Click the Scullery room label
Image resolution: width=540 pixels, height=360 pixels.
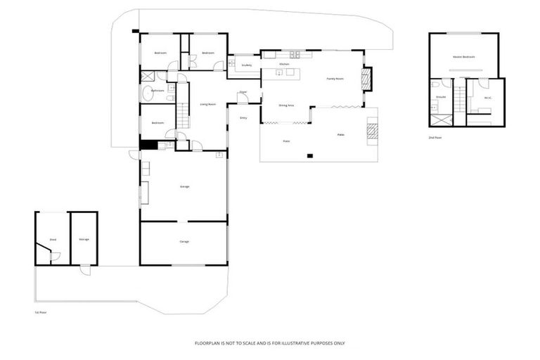[246, 65]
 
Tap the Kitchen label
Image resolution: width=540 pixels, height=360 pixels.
[284, 64]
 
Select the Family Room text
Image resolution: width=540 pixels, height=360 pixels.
[335, 79]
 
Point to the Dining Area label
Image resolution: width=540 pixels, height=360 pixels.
[286, 105]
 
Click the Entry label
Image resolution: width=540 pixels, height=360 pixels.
[243, 118]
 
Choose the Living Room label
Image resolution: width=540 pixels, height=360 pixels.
[207, 104]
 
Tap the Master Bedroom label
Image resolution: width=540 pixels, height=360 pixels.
[463, 56]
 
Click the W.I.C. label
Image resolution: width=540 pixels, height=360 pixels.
[487, 97]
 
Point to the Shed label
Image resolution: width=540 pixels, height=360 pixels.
[53, 240]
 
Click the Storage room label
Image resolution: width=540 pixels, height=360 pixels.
[84, 239]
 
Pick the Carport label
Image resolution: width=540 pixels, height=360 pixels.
[184, 241]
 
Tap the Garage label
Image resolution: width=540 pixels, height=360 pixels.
[185, 186]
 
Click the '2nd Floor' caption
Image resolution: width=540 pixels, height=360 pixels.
[436, 137]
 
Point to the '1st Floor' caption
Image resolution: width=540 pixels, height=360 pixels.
[40, 311]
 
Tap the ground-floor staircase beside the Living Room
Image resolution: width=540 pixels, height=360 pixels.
[183, 114]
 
